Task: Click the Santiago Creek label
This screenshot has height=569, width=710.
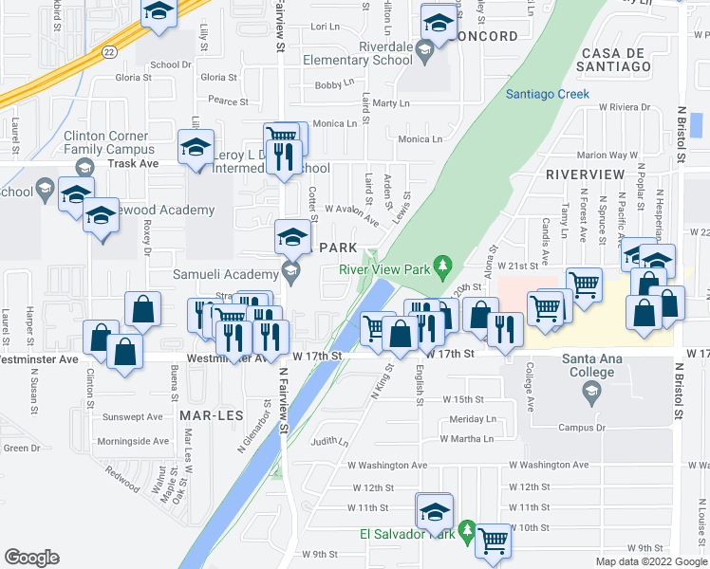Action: pyautogui.click(x=548, y=94)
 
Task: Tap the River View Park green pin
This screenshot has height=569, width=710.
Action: pyautogui.click(x=440, y=265)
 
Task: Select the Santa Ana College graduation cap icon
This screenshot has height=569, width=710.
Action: pyautogui.click(x=591, y=390)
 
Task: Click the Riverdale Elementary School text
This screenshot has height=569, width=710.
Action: pyautogui.click(x=358, y=53)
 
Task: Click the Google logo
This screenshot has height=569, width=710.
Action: pyautogui.click(x=31, y=558)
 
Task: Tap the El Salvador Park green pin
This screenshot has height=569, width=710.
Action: pyautogui.click(x=465, y=528)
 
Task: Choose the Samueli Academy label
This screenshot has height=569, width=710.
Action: pyautogui.click(x=223, y=273)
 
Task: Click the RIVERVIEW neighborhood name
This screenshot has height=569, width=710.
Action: pyautogui.click(x=585, y=175)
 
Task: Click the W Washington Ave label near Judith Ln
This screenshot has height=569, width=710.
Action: pyautogui.click(x=387, y=466)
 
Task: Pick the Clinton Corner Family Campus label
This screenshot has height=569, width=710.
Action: pyautogui.click(x=108, y=142)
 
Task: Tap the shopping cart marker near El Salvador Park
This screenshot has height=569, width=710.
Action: pyautogui.click(x=493, y=542)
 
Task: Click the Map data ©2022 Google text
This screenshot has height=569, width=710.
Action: pyautogui.click(x=651, y=561)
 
